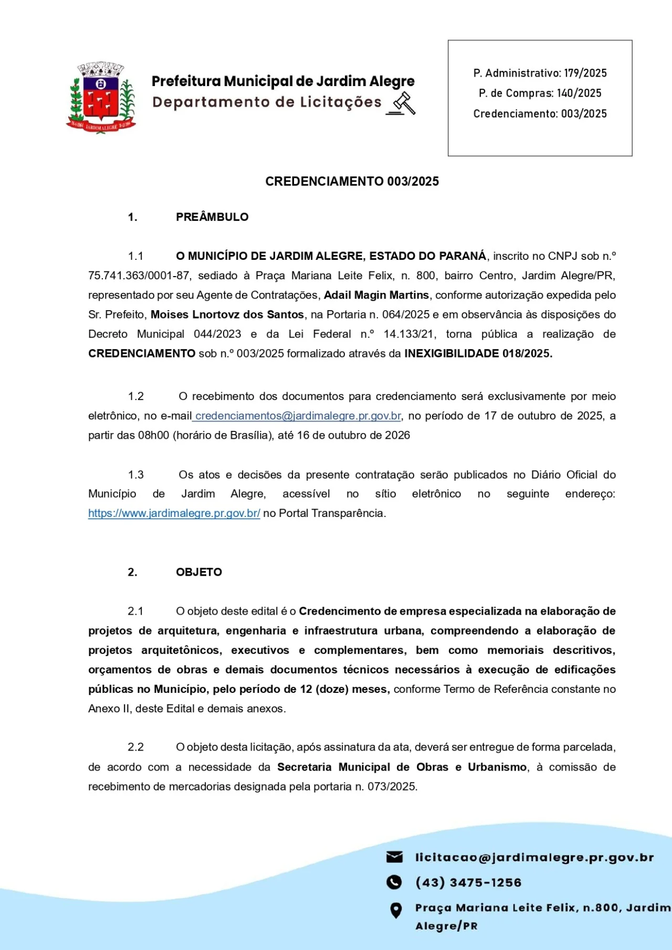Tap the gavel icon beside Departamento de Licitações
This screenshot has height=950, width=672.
click(x=402, y=103)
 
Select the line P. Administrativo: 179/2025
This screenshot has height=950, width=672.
click(x=540, y=73)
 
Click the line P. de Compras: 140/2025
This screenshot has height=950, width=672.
click(x=540, y=93)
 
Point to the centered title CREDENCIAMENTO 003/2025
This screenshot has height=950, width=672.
click(x=352, y=182)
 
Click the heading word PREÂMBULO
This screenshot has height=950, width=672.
click(x=212, y=217)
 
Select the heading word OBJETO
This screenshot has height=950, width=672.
click(x=199, y=572)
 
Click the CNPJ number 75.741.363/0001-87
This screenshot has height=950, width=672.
click(x=139, y=276)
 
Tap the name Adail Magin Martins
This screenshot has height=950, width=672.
click(x=376, y=295)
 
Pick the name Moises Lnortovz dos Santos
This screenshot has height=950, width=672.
click(x=227, y=314)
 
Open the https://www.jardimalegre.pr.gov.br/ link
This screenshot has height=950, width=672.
click(x=174, y=513)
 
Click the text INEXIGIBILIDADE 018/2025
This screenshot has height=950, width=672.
click(x=478, y=353)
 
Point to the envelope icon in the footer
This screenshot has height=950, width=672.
click(x=394, y=857)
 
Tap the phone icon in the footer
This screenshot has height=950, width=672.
click(x=394, y=882)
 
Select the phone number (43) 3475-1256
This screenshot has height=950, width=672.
click(x=468, y=882)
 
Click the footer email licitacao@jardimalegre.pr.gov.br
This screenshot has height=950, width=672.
click(x=534, y=857)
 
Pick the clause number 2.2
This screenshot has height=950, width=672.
click(x=135, y=747)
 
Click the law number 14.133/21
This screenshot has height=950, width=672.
click(x=409, y=334)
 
